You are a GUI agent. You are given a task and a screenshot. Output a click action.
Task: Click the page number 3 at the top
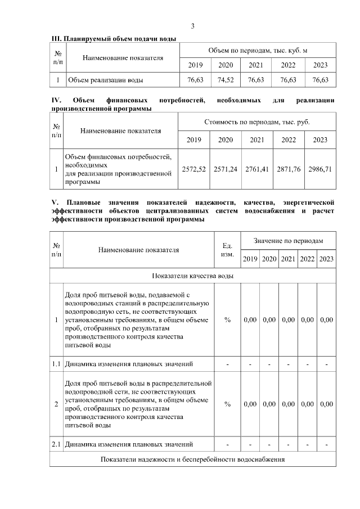[192, 26]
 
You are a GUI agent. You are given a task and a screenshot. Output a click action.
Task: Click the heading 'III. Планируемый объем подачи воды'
[114, 38]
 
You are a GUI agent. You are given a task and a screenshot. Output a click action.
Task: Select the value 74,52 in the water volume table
[226, 80]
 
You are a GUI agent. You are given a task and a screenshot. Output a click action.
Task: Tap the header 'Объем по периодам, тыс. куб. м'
[258, 50]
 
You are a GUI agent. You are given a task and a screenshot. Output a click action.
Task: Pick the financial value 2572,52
[193, 168]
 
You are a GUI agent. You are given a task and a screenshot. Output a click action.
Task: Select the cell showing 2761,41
[257, 168]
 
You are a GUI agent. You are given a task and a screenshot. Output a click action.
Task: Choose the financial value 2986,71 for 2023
[320, 168]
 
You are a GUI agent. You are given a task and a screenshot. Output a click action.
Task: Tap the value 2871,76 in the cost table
[289, 168]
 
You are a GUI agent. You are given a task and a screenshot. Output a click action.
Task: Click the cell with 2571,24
[226, 168]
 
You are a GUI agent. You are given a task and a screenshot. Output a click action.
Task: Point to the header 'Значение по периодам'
[288, 240]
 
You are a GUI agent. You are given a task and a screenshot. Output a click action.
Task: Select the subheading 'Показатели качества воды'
[193, 276]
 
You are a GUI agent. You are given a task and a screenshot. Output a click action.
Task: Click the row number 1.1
[56, 364]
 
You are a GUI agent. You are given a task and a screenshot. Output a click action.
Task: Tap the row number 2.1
[56, 445]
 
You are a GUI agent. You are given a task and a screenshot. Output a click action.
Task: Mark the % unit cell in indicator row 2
[228, 404]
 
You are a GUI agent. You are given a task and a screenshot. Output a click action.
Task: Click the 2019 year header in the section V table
[250, 259]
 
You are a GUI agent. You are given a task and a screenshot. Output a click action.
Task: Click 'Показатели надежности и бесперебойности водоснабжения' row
[193, 460]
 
